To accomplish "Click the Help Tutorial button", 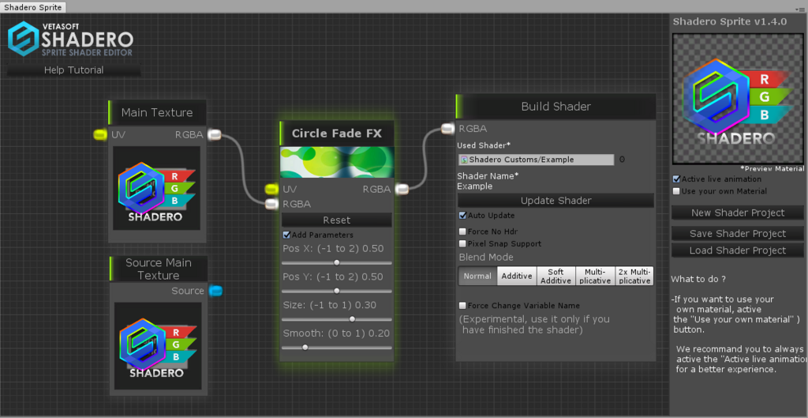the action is (73, 70).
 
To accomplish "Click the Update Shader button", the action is (555, 201).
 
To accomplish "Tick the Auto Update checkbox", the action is (462, 215).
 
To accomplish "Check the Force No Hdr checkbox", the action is (462, 232).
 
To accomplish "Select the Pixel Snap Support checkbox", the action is (462, 243).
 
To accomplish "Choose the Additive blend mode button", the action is (517, 276).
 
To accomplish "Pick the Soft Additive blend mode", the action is (556, 276).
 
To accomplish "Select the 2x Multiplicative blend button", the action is (634, 276).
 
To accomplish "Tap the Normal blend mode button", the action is (477, 276).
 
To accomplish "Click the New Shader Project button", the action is (738, 213).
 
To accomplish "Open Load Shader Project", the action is (738, 250).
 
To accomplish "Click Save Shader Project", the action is (738, 234).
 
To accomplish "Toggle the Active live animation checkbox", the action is (676, 179).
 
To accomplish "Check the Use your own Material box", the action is (676, 191).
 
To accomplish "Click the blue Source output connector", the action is (216, 291).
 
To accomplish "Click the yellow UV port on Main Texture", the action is (100, 134).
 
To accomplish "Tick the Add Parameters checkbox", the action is (287, 235).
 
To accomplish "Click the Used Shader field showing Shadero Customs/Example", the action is (536, 160).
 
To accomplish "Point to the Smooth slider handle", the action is (305, 348).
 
